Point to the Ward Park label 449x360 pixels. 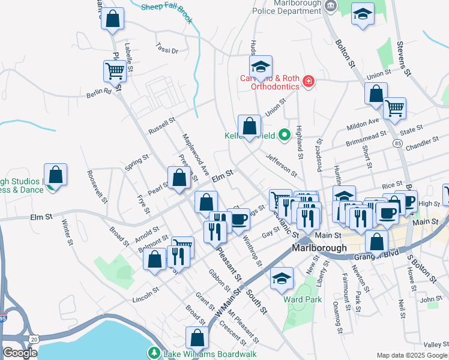click(x=303, y=299)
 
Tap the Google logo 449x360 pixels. click(x=20, y=353)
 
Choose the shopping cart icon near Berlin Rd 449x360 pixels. click(x=114, y=71)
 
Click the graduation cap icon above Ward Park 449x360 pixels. click(x=282, y=278)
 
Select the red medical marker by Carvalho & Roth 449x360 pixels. click(x=309, y=81)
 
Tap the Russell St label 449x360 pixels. click(x=161, y=125)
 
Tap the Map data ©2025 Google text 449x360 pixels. click(x=412, y=355)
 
